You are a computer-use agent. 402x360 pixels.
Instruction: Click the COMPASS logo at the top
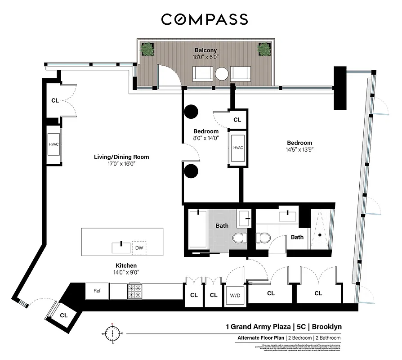205,19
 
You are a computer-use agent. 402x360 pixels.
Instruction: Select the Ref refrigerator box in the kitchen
97,291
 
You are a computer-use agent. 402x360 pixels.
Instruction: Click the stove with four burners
135,291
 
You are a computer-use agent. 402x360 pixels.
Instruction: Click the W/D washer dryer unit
235,295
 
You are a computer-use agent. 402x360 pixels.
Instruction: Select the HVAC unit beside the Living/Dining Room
54,144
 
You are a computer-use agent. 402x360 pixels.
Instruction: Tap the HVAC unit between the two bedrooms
238,148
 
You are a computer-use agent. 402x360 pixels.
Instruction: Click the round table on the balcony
222,73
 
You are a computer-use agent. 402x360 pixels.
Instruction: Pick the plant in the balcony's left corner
147,49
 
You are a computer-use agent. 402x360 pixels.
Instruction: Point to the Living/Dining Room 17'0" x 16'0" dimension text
121,164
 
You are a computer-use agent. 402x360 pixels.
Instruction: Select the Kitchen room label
125,265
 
